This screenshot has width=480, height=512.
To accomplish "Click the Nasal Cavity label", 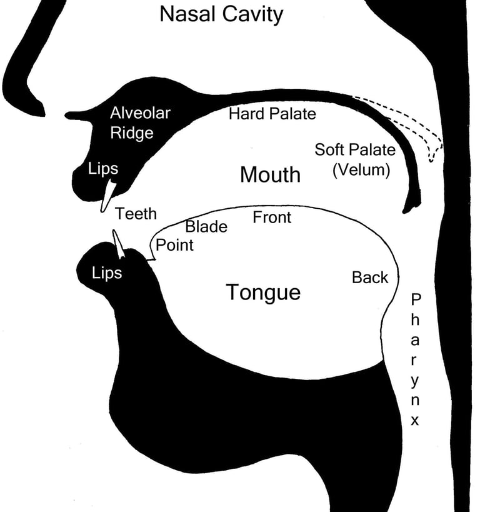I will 221,14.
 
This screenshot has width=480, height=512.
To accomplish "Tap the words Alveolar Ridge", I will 140,123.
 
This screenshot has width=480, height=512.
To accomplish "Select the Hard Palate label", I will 272,114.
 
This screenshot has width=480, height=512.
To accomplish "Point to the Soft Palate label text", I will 354,150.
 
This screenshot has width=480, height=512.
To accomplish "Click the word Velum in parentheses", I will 361,169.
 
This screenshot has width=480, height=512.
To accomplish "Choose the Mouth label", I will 270,175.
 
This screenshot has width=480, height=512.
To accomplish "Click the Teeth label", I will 136,214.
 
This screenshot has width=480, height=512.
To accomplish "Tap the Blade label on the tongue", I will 206,227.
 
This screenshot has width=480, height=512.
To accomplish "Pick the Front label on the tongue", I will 272,218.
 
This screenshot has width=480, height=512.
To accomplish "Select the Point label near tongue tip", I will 174,245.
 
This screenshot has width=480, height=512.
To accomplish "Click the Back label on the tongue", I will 370,278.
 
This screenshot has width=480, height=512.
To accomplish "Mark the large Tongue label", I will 263,292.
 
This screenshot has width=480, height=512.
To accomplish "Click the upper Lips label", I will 103,169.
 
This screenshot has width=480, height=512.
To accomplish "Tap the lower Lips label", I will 107,273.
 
